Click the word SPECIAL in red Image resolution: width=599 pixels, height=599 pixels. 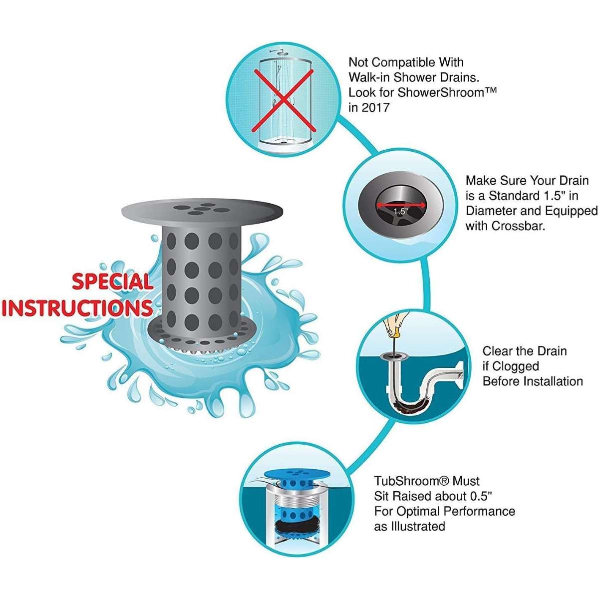click(x=112, y=282)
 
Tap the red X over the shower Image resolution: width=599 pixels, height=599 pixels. click(x=282, y=100)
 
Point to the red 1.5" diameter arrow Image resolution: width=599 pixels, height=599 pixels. click(x=401, y=205)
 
